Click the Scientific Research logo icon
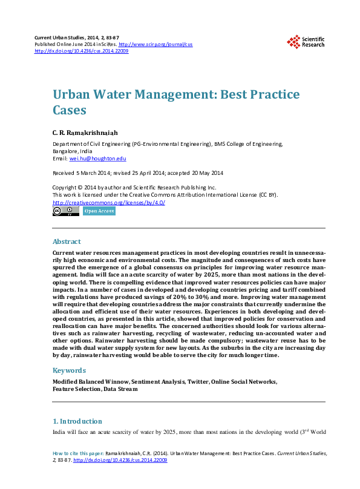(x=293, y=41)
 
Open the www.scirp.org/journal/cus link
(x=155, y=45)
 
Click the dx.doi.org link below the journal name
(x=82, y=51)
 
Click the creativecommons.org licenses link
(x=109, y=202)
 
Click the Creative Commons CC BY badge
(x=65, y=211)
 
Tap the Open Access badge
(x=99, y=211)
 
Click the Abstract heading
(x=67, y=241)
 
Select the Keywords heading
(x=69, y=370)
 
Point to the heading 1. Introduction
(x=77, y=421)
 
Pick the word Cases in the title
(x=70, y=111)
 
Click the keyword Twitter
(x=197, y=382)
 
